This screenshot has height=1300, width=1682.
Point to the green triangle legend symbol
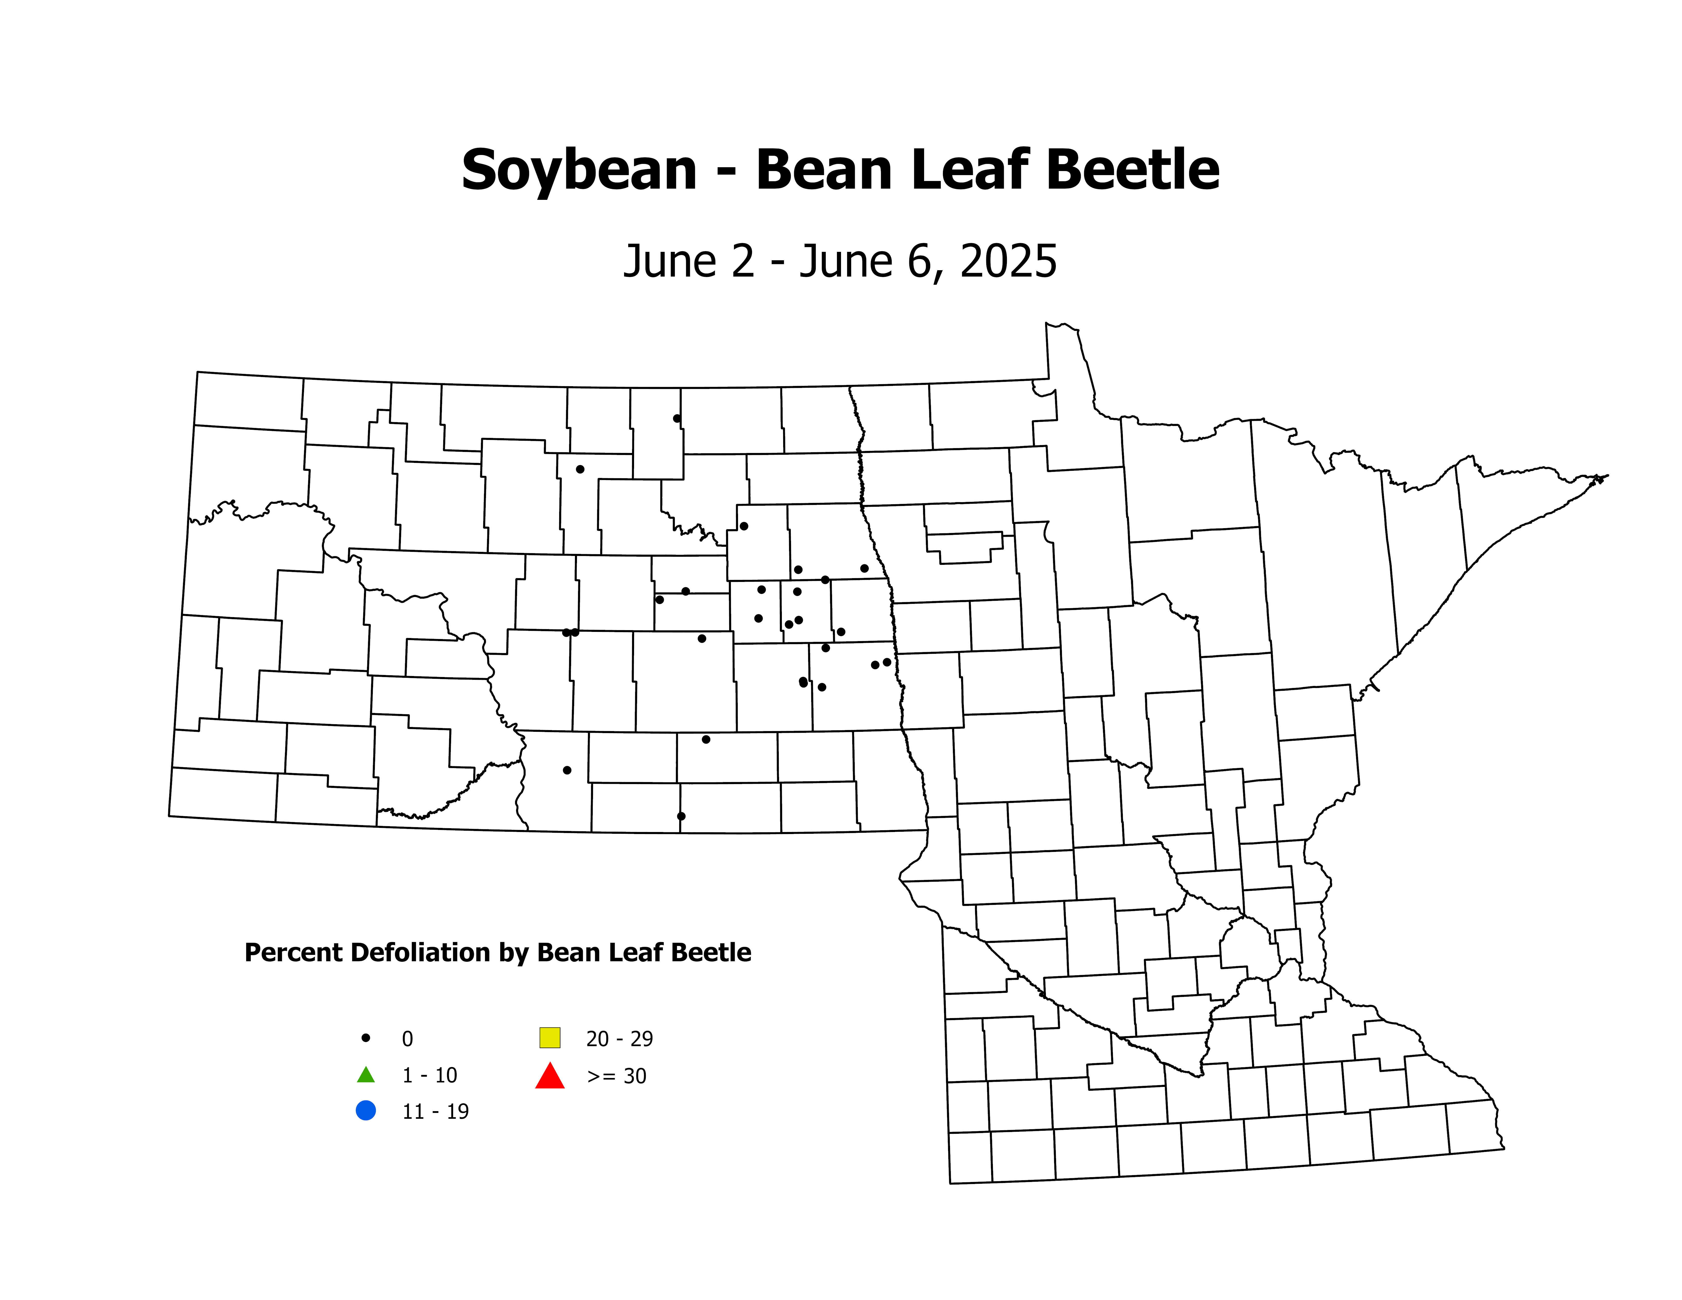tap(366, 1074)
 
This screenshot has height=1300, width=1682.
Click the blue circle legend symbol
tap(366, 1111)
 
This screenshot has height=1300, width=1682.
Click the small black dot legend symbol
tap(366, 1038)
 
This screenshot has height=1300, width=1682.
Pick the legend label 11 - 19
tap(435, 1111)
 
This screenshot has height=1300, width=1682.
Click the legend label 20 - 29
tap(619, 1039)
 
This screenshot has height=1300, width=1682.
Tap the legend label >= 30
tap(616, 1076)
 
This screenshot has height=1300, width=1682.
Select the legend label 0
tap(408, 1039)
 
